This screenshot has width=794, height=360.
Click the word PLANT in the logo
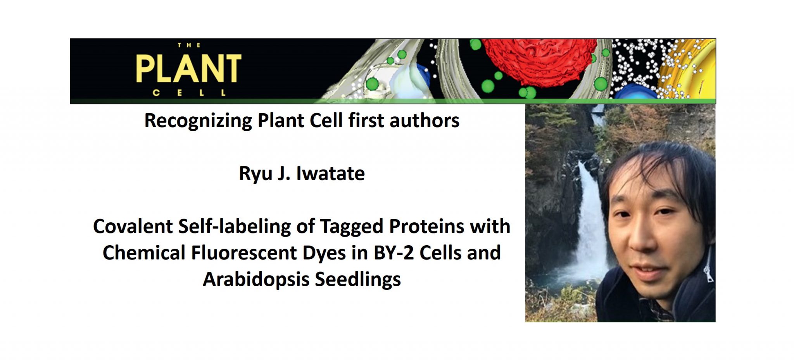pyautogui.click(x=188, y=69)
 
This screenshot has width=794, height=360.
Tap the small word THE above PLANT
pyautogui.click(x=189, y=45)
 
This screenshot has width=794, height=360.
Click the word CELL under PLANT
pyautogui.click(x=189, y=93)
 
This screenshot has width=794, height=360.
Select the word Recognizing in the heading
pyautogui.click(x=198, y=121)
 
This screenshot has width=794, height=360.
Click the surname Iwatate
pyautogui.click(x=330, y=173)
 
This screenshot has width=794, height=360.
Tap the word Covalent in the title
pyautogui.click(x=133, y=226)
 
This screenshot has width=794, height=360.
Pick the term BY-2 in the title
pyautogui.click(x=394, y=253)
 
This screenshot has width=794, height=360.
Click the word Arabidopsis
pyautogui.click(x=256, y=279)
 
